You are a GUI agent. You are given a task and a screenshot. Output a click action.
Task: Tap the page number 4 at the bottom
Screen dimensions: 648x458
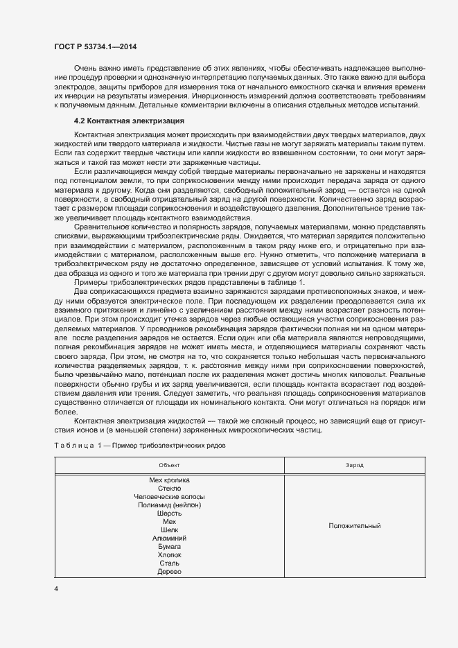56,589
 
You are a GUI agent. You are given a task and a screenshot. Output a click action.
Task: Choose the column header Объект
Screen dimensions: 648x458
169,464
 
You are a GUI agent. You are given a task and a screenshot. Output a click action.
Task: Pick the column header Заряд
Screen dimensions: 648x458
355,464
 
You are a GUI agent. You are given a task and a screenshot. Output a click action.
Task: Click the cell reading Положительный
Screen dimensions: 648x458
355,525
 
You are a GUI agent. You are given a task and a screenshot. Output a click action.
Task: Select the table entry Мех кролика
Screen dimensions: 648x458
169,480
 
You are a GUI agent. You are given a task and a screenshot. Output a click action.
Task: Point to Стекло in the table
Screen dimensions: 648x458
169,488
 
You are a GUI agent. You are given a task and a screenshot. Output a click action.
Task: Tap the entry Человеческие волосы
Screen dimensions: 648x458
169,496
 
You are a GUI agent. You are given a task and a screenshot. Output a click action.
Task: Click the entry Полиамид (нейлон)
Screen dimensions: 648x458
169,505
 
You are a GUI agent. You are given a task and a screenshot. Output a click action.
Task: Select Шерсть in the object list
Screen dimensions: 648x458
169,513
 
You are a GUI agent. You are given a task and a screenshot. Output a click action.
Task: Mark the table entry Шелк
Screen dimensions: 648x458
169,529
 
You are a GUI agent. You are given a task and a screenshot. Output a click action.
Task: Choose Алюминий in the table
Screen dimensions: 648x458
169,538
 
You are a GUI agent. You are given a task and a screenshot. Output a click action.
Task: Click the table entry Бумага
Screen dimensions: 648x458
169,546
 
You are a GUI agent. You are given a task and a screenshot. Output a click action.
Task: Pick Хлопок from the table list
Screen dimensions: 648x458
169,554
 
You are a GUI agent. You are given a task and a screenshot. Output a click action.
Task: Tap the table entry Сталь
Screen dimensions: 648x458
169,563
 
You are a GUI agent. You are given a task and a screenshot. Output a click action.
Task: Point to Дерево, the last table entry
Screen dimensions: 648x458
169,571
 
